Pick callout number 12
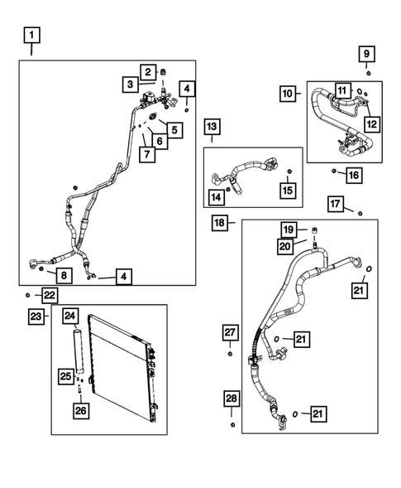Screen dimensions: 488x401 (371, 124)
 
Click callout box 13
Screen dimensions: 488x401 (212, 127)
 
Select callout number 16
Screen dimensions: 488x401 (353, 175)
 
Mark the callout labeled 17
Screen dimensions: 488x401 (335, 204)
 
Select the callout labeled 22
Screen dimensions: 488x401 (50, 295)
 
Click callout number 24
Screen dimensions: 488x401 (70, 315)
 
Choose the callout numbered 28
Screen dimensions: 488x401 (232, 400)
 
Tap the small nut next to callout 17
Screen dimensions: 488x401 (360, 212)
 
